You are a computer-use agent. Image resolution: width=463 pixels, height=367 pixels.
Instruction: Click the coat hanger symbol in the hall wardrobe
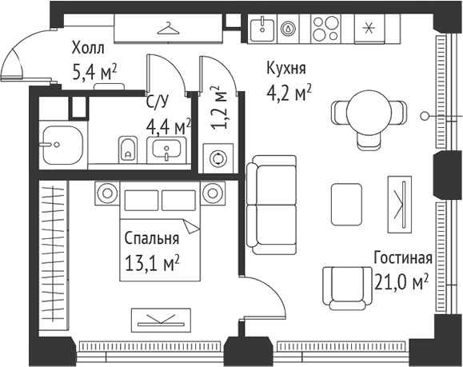(168, 29)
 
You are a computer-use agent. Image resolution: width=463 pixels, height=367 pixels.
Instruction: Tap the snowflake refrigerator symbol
(369, 29)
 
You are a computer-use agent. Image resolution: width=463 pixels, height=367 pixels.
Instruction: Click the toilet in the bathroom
(127, 148)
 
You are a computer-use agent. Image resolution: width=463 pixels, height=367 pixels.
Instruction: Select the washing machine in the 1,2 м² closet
(216, 157)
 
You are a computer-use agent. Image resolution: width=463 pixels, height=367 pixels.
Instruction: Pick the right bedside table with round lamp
(213, 192)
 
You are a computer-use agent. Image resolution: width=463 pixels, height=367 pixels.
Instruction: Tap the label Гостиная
(402, 258)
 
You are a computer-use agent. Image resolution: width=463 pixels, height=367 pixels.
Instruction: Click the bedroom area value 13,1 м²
(151, 262)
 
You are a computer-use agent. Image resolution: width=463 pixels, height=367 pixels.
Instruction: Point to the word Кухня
(286, 70)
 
